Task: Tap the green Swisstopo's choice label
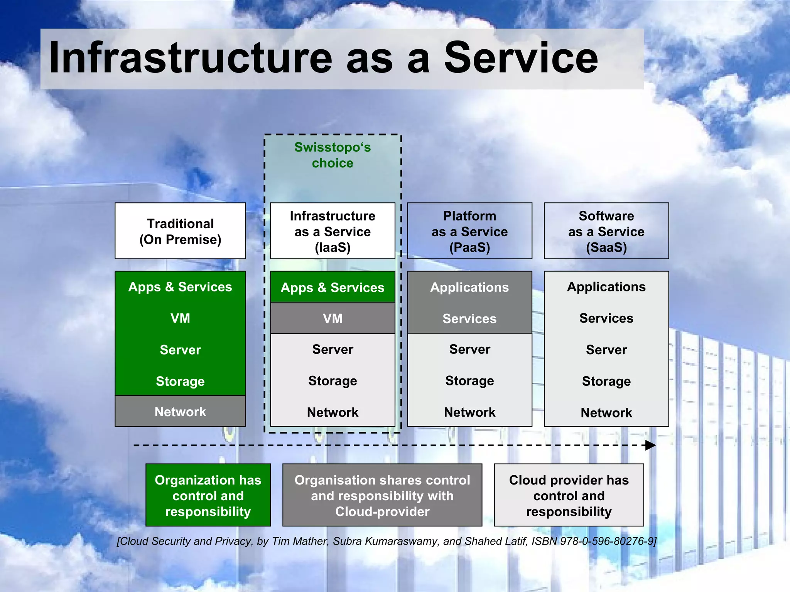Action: pyautogui.click(x=333, y=155)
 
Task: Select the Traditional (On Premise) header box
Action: pyautogui.click(x=180, y=231)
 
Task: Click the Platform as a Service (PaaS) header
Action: pyautogui.click(x=469, y=231)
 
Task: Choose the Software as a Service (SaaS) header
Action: pyautogui.click(x=606, y=231)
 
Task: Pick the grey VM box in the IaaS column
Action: pyautogui.click(x=333, y=318)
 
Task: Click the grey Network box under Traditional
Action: pyautogui.click(x=180, y=412)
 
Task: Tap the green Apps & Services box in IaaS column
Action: pyautogui.click(x=333, y=288)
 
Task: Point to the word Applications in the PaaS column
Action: pyautogui.click(x=469, y=288)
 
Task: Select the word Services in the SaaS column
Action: pyautogui.click(x=606, y=318)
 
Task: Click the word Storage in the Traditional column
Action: pyautogui.click(x=180, y=381)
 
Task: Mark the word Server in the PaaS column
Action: pyautogui.click(x=469, y=349)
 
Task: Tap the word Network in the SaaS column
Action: pyautogui.click(x=606, y=413)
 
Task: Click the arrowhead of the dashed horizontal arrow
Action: pyautogui.click(x=650, y=445)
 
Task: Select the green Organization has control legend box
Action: pyautogui.click(x=208, y=495)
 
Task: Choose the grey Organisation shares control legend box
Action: pyautogui.click(x=382, y=495)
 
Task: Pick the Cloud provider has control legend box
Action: pyautogui.click(x=569, y=495)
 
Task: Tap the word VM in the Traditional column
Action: pyautogui.click(x=180, y=318)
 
